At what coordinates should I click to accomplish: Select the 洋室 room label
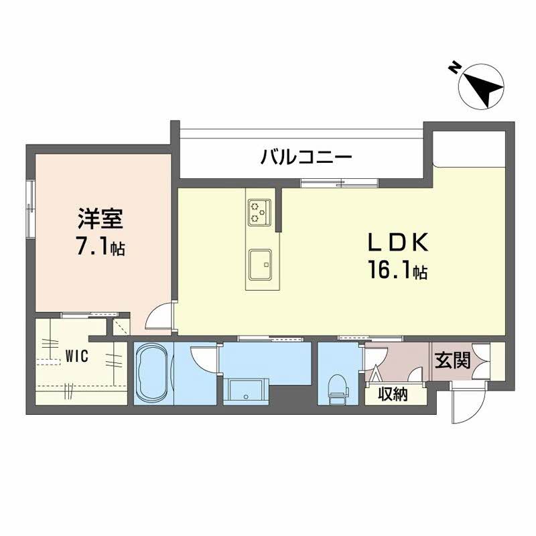pyautogui.click(x=98, y=220)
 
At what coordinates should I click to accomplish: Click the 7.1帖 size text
pyautogui.click(x=100, y=247)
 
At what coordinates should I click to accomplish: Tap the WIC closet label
pyautogui.click(x=77, y=357)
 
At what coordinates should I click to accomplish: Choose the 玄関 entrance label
pyautogui.click(x=453, y=361)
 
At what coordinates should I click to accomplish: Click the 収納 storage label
pyautogui.click(x=393, y=395)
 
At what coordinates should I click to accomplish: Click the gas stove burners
pyautogui.click(x=259, y=212)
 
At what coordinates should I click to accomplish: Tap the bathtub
pyautogui.click(x=153, y=375)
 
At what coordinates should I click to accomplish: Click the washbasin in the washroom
pyautogui.click(x=246, y=389)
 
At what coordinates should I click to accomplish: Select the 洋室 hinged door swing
pyautogui.click(x=159, y=316)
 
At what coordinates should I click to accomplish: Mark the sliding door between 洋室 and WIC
pyautogui.click(x=90, y=315)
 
